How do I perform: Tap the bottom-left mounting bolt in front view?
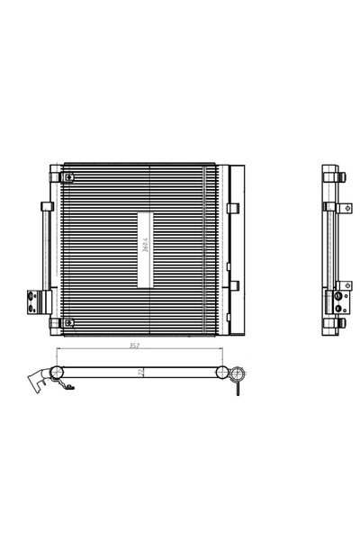[54, 323]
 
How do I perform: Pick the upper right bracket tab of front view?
[233, 209]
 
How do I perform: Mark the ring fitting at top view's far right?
[238, 375]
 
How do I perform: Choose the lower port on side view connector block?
[343, 303]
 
